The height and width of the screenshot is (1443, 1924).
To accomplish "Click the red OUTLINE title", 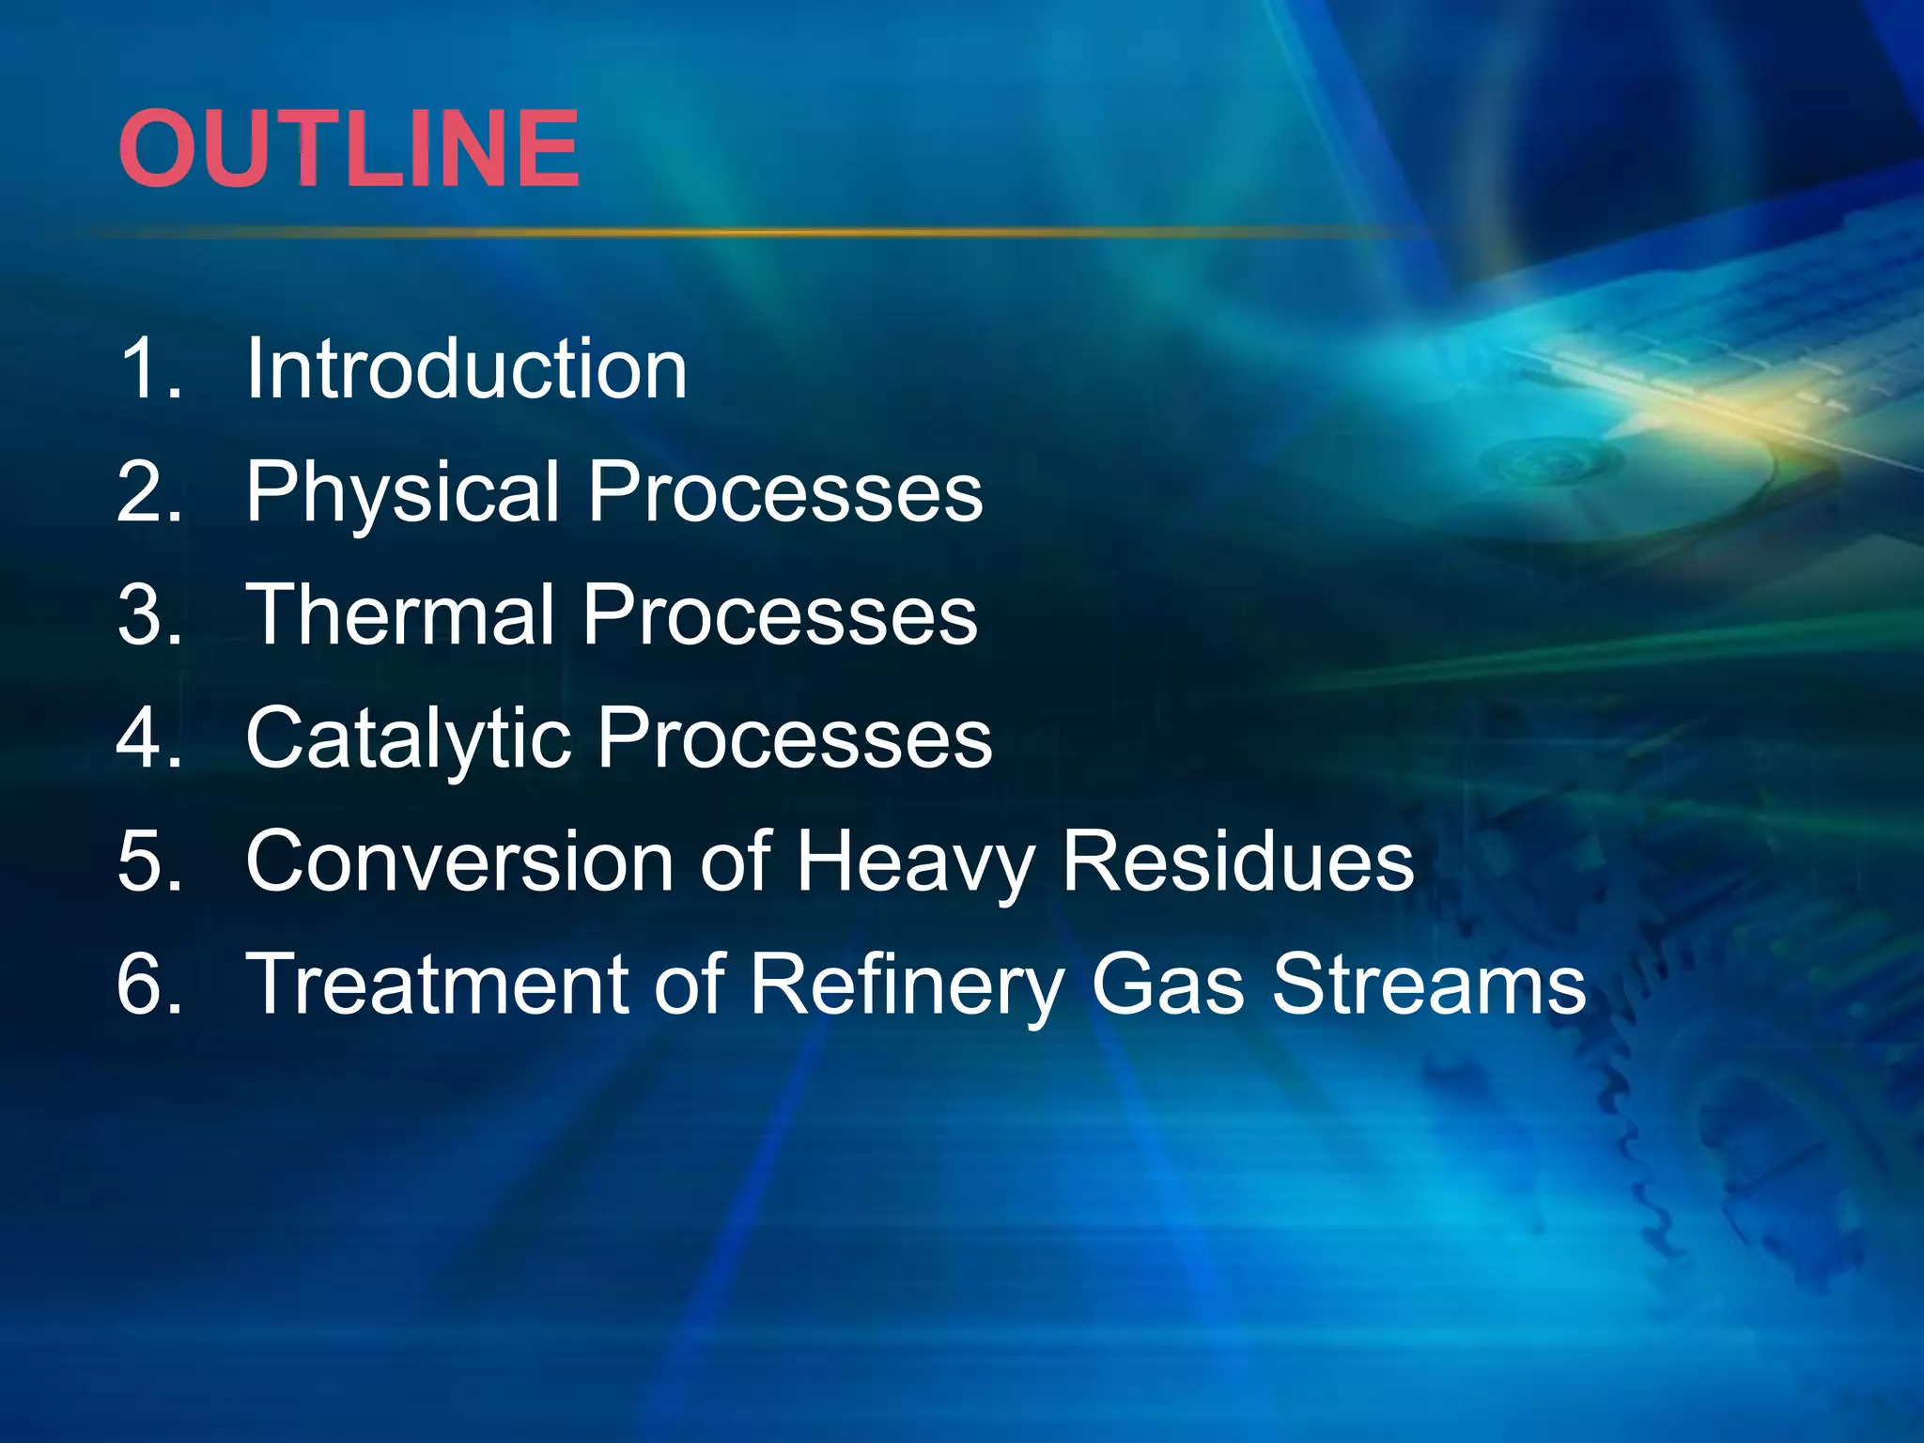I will tap(349, 148).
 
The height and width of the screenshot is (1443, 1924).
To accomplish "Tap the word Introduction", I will tap(466, 368).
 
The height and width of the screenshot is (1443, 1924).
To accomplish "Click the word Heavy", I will tap(916, 862).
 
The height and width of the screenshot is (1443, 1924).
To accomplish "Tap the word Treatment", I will tap(437, 984).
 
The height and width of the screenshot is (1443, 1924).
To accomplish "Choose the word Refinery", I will tap(907, 985).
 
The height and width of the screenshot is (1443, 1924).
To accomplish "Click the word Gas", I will tap(1169, 984).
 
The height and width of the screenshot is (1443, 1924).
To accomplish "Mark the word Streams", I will tap(1429, 984).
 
